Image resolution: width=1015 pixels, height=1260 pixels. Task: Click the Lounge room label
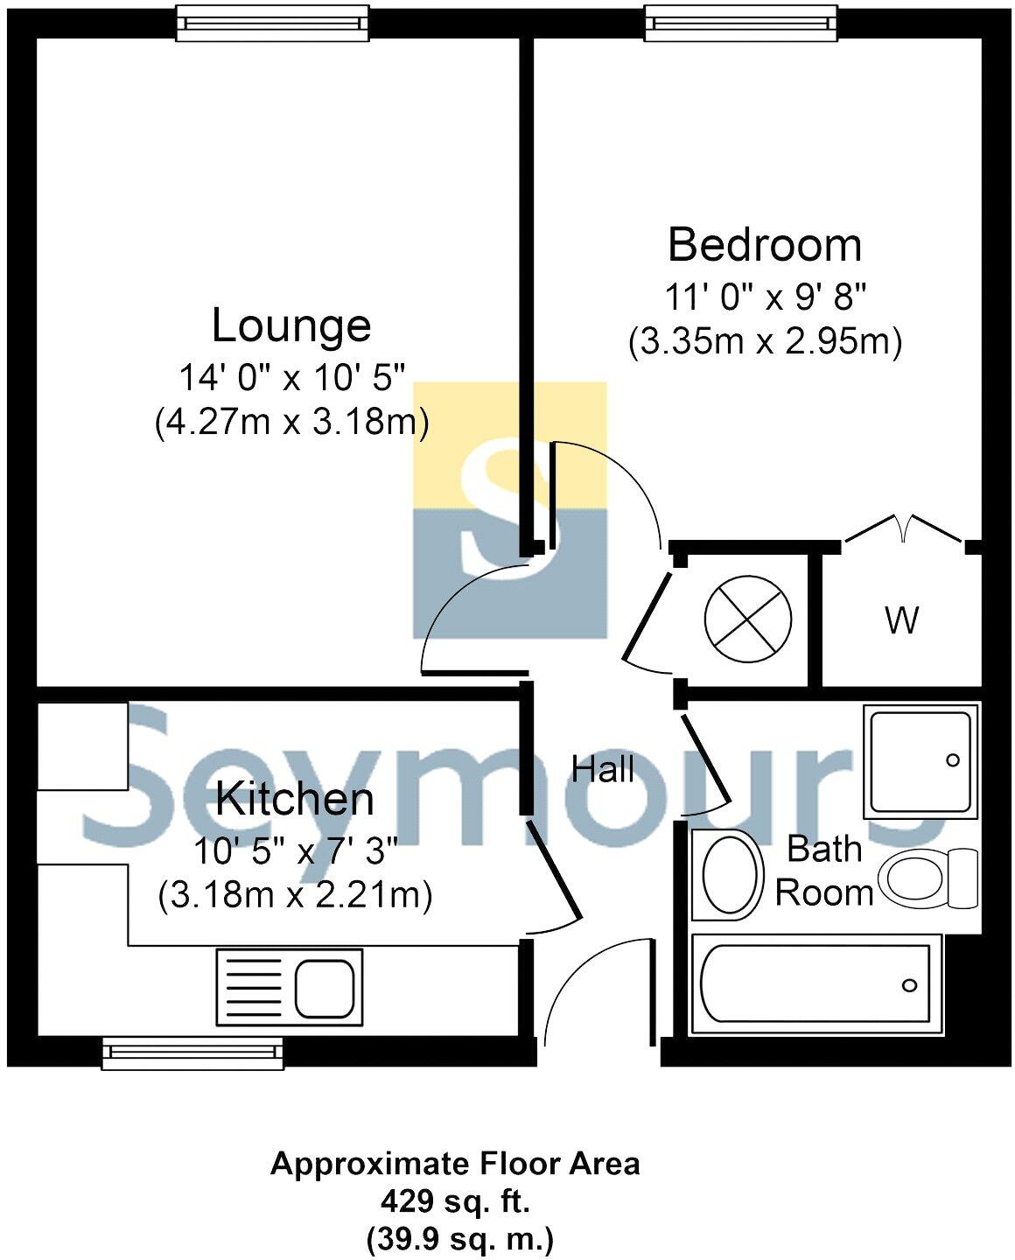(291, 326)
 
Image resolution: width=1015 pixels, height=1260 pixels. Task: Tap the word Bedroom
(764, 245)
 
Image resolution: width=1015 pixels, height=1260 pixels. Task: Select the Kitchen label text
(294, 800)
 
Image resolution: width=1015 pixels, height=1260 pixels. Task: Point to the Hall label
(603, 770)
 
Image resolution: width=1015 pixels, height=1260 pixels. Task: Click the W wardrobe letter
(901, 620)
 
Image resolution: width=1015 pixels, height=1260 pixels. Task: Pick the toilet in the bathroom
(927, 878)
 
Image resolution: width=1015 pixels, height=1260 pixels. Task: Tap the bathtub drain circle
(910, 985)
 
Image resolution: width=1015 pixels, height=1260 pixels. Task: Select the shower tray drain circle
(952, 760)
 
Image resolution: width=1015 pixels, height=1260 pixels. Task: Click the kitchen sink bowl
(325, 987)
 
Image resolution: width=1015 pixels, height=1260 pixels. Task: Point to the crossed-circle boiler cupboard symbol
(748, 619)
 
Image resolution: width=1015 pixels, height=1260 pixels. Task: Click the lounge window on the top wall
(273, 23)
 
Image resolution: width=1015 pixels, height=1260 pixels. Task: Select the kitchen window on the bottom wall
(192, 1053)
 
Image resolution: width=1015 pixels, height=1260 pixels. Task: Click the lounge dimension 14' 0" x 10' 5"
(292, 378)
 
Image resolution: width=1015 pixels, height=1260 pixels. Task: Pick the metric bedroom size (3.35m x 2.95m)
(765, 341)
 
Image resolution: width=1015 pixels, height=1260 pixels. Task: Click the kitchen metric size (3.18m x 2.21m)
(295, 896)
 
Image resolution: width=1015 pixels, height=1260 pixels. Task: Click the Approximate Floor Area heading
(455, 1164)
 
